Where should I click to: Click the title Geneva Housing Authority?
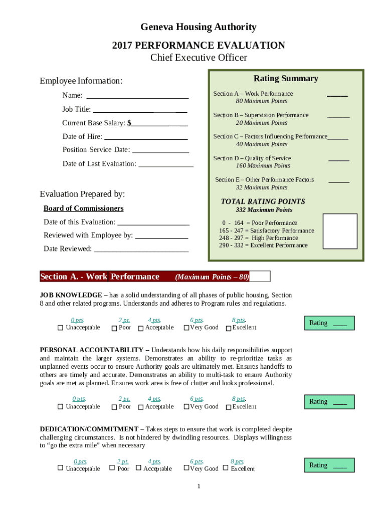(x=198, y=27)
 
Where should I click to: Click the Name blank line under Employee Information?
(x=137, y=96)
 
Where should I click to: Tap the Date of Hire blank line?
(x=145, y=137)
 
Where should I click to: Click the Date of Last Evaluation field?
(x=165, y=164)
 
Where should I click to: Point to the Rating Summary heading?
(x=286, y=79)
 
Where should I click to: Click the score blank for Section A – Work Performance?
(x=337, y=94)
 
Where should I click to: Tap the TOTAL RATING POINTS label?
(x=263, y=201)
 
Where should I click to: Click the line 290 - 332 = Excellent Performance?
(x=263, y=245)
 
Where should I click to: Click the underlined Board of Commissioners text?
(x=83, y=208)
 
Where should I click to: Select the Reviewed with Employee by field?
(x=161, y=235)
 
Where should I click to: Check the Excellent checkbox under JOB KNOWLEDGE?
(x=229, y=328)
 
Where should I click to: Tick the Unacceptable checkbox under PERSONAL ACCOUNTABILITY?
(x=60, y=407)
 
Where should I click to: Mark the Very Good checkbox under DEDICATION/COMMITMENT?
(x=186, y=468)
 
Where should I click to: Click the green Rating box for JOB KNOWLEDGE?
(x=329, y=323)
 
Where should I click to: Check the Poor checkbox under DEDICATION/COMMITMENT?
(x=112, y=468)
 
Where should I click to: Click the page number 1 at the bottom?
(x=199, y=486)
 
